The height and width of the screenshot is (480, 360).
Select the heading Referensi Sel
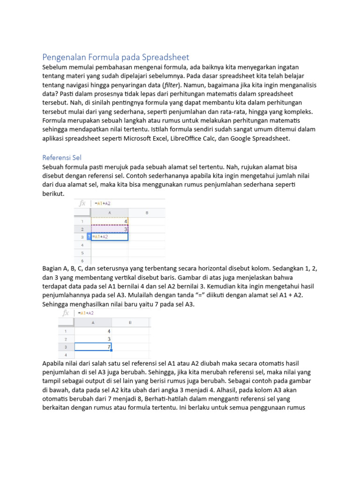62,157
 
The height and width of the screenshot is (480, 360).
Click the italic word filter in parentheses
172,85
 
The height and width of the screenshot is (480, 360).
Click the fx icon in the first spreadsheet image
82,203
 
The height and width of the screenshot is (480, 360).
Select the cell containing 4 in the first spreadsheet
110,221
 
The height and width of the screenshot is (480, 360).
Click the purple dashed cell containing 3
110,229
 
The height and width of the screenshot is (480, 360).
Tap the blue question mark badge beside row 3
89,237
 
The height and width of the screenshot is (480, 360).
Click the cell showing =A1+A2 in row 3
110,237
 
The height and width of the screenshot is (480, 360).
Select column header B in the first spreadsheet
146,212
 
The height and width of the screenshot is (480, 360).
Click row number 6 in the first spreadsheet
82,260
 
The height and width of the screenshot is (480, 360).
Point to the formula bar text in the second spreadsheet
87,313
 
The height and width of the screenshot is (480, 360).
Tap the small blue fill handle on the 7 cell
112,350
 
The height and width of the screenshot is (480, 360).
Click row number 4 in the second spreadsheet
66,355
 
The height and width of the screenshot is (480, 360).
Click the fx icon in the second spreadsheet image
66,313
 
